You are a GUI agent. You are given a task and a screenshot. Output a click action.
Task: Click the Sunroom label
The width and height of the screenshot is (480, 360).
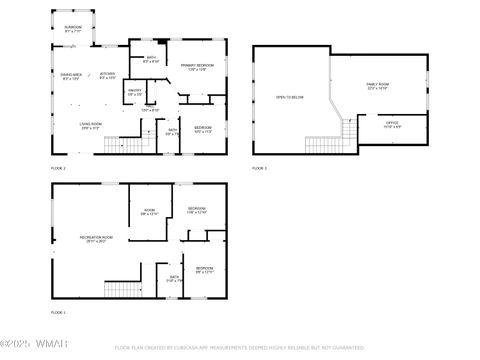(73, 29)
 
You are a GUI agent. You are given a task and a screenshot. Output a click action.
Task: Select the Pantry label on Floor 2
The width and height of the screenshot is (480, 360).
(134, 92)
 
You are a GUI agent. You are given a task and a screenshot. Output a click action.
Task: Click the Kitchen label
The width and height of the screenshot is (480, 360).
(108, 76)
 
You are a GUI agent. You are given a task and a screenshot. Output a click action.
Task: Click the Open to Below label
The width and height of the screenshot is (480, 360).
(290, 97)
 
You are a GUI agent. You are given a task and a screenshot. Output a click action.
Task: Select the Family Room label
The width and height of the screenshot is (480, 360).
(378, 86)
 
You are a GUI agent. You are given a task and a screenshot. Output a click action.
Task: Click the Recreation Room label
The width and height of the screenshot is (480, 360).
(96, 238)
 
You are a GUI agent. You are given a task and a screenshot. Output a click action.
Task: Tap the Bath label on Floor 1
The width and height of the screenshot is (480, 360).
(174, 279)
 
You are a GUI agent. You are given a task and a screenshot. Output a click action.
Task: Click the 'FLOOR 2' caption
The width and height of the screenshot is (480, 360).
(58, 168)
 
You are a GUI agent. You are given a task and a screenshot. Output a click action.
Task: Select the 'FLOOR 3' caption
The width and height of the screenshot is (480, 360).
(260, 168)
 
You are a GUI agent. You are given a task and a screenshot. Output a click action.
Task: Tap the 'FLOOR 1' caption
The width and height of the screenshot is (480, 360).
(58, 313)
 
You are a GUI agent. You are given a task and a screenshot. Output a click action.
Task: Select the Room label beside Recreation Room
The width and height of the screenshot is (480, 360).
(149, 212)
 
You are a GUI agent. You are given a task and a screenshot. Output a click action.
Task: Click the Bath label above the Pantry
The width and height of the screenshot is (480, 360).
(151, 60)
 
